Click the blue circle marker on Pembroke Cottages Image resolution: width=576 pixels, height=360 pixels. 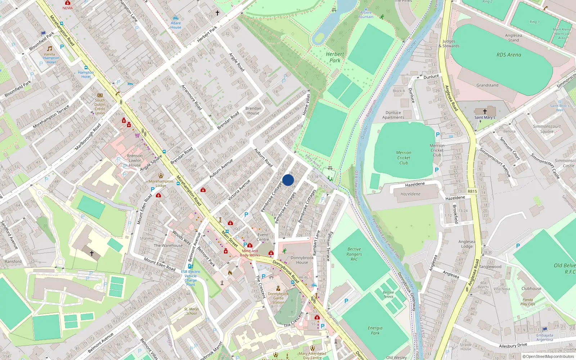pyautogui.click(x=288, y=180)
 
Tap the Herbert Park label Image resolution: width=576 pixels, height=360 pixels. pyautogui.click(x=335, y=57)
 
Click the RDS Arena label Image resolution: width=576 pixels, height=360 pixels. pyautogui.click(x=509, y=55)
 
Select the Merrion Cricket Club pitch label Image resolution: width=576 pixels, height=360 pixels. pyautogui.click(x=404, y=158)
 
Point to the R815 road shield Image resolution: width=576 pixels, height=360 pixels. pyautogui.click(x=472, y=192)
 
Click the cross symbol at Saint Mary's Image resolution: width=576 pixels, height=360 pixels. pyautogui.click(x=485, y=112)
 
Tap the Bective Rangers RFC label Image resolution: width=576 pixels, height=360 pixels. pyautogui.click(x=354, y=254)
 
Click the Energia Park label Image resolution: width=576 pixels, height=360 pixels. pyautogui.click(x=375, y=330)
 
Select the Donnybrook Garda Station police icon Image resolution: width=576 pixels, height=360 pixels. pyautogui.click(x=278, y=288)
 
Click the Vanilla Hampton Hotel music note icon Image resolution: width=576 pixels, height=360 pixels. pyautogui.click(x=49, y=49)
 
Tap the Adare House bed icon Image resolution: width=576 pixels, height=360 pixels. pyautogui.click(x=176, y=18)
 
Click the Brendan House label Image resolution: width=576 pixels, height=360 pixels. pyautogui.click(x=253, y=111)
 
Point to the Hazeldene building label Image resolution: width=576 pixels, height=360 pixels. pyautogui.click(x=410, y=194)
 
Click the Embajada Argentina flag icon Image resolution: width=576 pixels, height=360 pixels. pyautogui.click(x=545, y=329)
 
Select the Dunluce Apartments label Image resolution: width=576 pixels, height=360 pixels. pyautogui.click(x=393, y=115)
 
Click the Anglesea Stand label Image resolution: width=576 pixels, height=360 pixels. pyautogui.click(x=513, y=37)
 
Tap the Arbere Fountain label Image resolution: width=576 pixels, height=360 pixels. pyautogui.click(x=366, y=14)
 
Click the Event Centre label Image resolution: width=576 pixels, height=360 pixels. pyautogui.click(x=263, y=237)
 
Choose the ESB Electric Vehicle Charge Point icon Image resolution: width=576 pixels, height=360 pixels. pyautogui.click(x=190, y=266)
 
